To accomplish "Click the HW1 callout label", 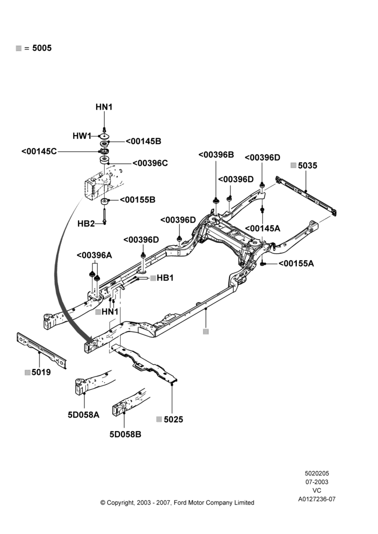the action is [x=82, y=136].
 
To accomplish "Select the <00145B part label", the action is [x=144, y=142].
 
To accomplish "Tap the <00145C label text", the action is [x=39, y=151].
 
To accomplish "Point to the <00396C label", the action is [x=150, y=163].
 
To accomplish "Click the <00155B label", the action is [x=138, y=200].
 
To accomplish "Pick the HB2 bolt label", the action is [x=86, y=223].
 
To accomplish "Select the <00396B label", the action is [x=216, y=155].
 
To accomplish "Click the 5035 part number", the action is [x=308, y=166].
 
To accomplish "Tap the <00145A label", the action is [x=263, y=229].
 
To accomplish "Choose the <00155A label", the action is [x=296, y=263].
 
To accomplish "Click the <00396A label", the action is [x=94, y=255].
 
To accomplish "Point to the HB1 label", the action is [x=165, y=278].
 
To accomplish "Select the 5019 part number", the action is [x=41, y=372].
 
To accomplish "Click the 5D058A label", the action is [x=83, y=414].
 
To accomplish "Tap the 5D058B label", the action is [x=125, y=434].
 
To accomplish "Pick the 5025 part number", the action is [x=174, y=419].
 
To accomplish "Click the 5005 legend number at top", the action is [x=42, y=48].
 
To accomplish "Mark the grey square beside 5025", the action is [x=159, y=419].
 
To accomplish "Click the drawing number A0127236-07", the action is [x=317, y=499].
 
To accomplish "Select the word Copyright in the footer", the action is [x=120, y=503].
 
